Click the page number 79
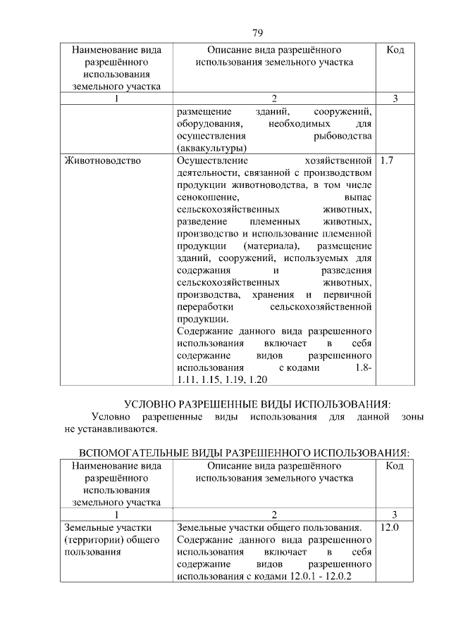(257, 32)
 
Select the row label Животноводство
(102, 160)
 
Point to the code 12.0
(389, 527)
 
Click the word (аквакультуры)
(211, 148)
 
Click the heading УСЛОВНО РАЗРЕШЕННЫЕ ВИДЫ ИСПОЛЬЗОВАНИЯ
(257, 404)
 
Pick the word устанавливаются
(119, 428)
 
